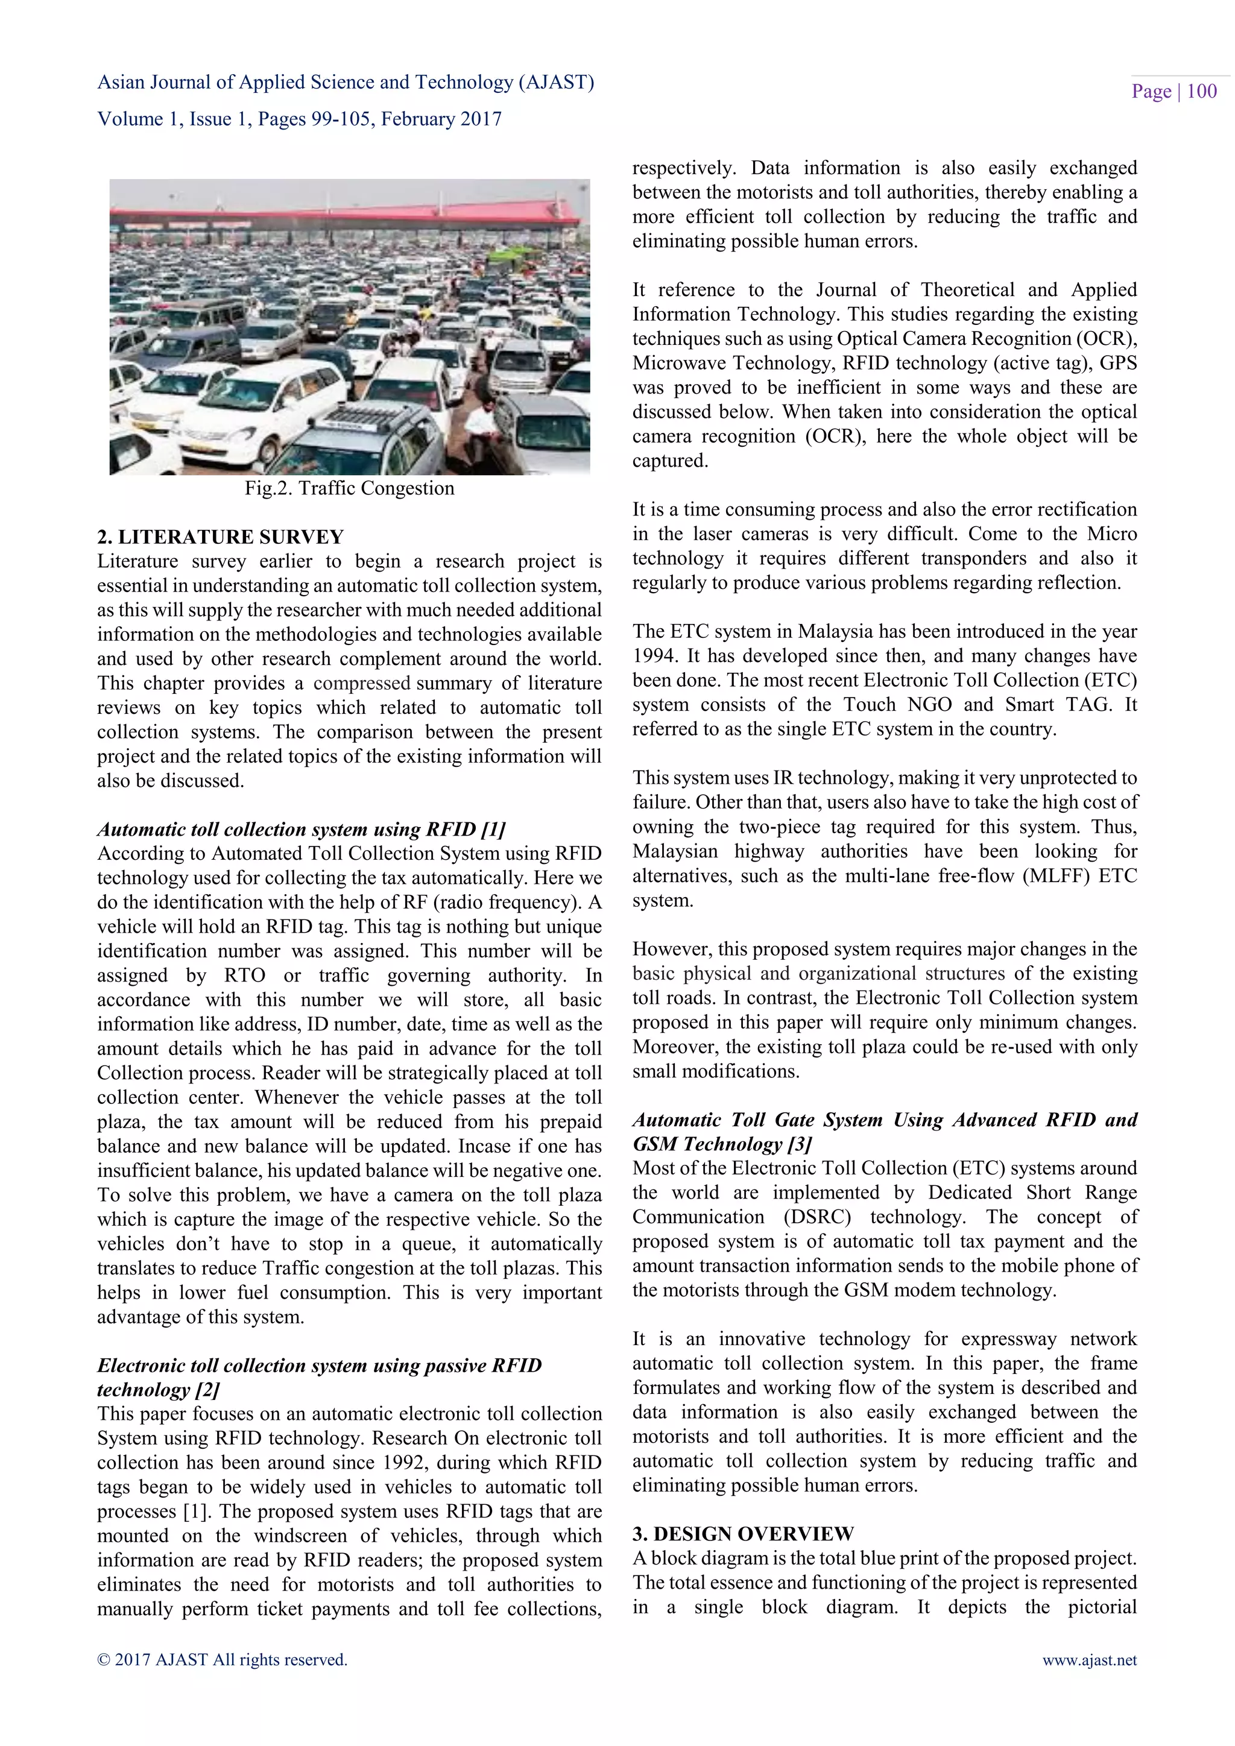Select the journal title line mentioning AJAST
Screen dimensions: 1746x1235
click(346, 82)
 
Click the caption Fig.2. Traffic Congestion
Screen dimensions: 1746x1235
click(349, 488)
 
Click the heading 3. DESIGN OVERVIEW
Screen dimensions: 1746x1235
click(742, 1533)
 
